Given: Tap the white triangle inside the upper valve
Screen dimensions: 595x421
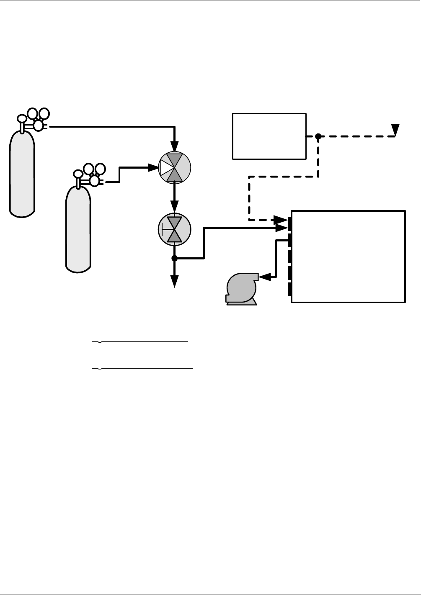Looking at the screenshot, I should (x=165, y=168).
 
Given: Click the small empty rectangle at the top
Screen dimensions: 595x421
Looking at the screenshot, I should (x=269, y=136).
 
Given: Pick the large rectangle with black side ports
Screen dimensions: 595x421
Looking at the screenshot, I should (x=348, y=256).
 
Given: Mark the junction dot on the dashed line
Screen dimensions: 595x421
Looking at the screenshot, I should (x=318, y=136).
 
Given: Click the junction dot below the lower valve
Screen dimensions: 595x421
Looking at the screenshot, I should (x=175, y=259).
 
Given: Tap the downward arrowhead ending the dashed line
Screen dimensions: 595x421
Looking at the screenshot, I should (x=395, y=131).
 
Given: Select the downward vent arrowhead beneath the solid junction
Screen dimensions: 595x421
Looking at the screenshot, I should (x=175, y=282).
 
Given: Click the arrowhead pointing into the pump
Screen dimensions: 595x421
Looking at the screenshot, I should (x=264, y=276).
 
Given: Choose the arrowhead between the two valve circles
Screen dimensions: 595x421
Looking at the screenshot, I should (x=175, y=206).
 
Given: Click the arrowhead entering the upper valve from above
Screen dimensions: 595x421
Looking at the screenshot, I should (x=175, y=147).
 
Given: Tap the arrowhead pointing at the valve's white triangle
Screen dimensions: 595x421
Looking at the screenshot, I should (x=153, y=168).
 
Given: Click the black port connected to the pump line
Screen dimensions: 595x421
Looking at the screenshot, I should (x=289, y=240).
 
